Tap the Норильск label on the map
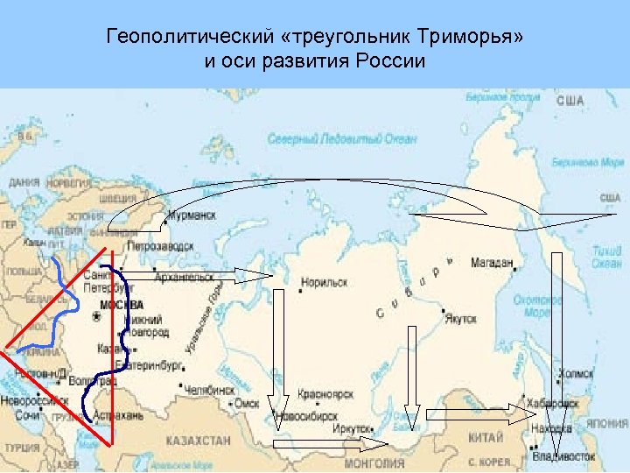click(325, 283)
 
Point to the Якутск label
click(461, 320)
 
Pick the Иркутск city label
click(352, 429)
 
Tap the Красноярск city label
click(325, 395)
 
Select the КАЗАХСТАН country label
click(200, 441)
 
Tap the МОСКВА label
click(122, 305)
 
